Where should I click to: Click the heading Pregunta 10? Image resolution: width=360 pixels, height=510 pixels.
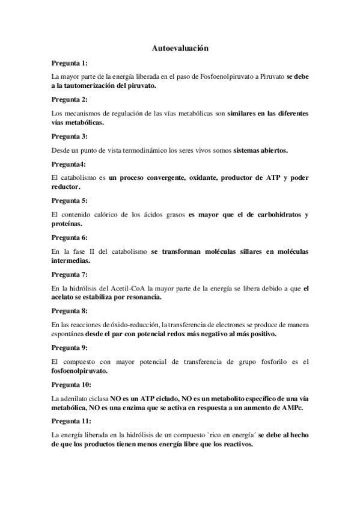click(x=72, y=384)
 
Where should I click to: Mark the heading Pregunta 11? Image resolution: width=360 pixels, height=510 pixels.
click(x=72, y=421)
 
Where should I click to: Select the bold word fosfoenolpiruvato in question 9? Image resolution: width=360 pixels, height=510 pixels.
click(x=81, y=371)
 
